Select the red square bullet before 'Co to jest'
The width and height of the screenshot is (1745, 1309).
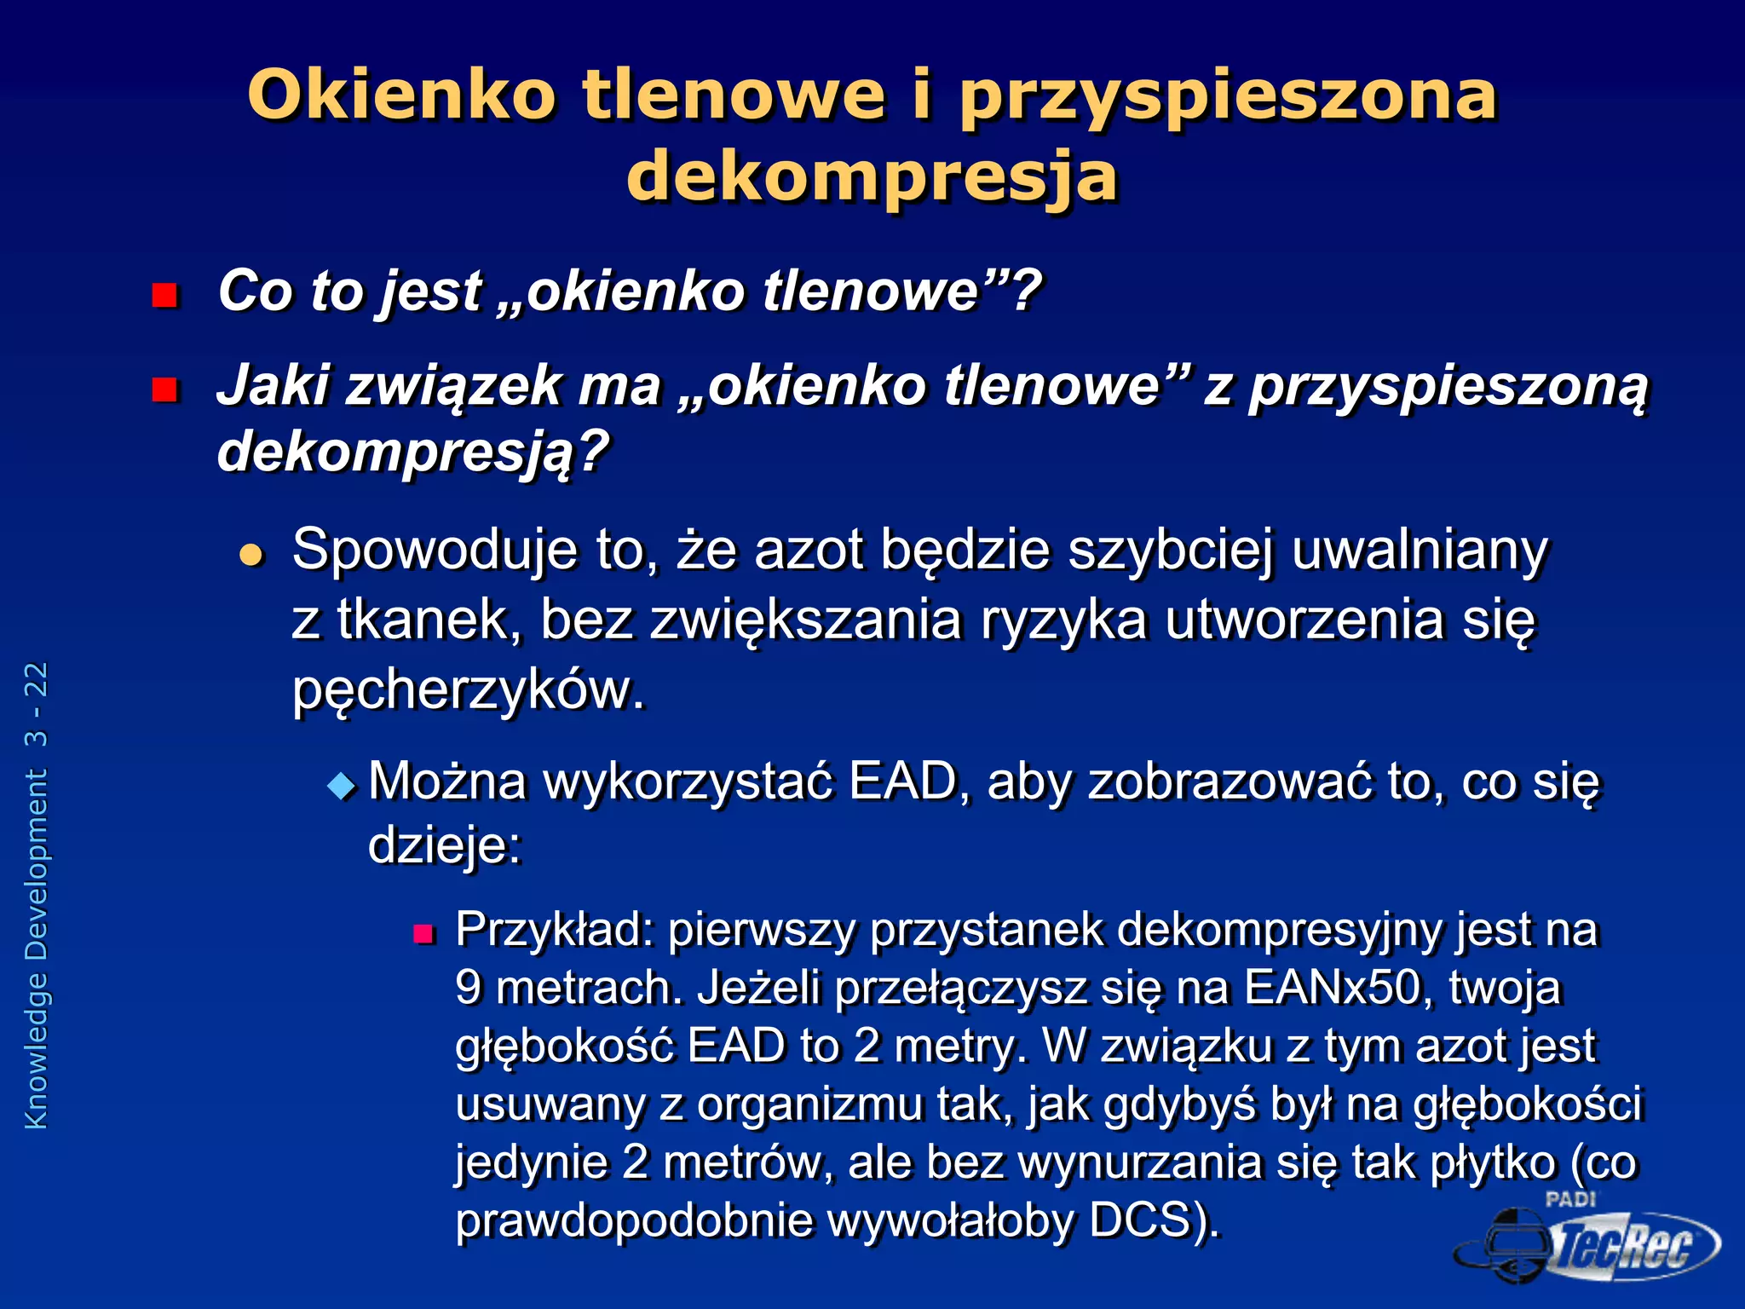coord(164,296)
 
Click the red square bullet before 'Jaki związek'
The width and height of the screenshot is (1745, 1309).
coord(164,389)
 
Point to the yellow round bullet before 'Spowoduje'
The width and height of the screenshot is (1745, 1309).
coord(251,556)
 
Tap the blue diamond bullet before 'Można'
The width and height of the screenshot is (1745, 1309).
coord(342,786)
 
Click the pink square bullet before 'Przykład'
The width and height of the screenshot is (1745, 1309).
coord(423,934)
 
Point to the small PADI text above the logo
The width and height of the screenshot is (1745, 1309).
coord(1569,1199)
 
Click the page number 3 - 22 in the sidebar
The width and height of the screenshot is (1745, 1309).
coord(37,704)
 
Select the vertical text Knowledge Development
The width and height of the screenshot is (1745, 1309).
coord(37,949)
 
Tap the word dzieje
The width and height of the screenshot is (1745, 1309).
coord(443,845)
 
